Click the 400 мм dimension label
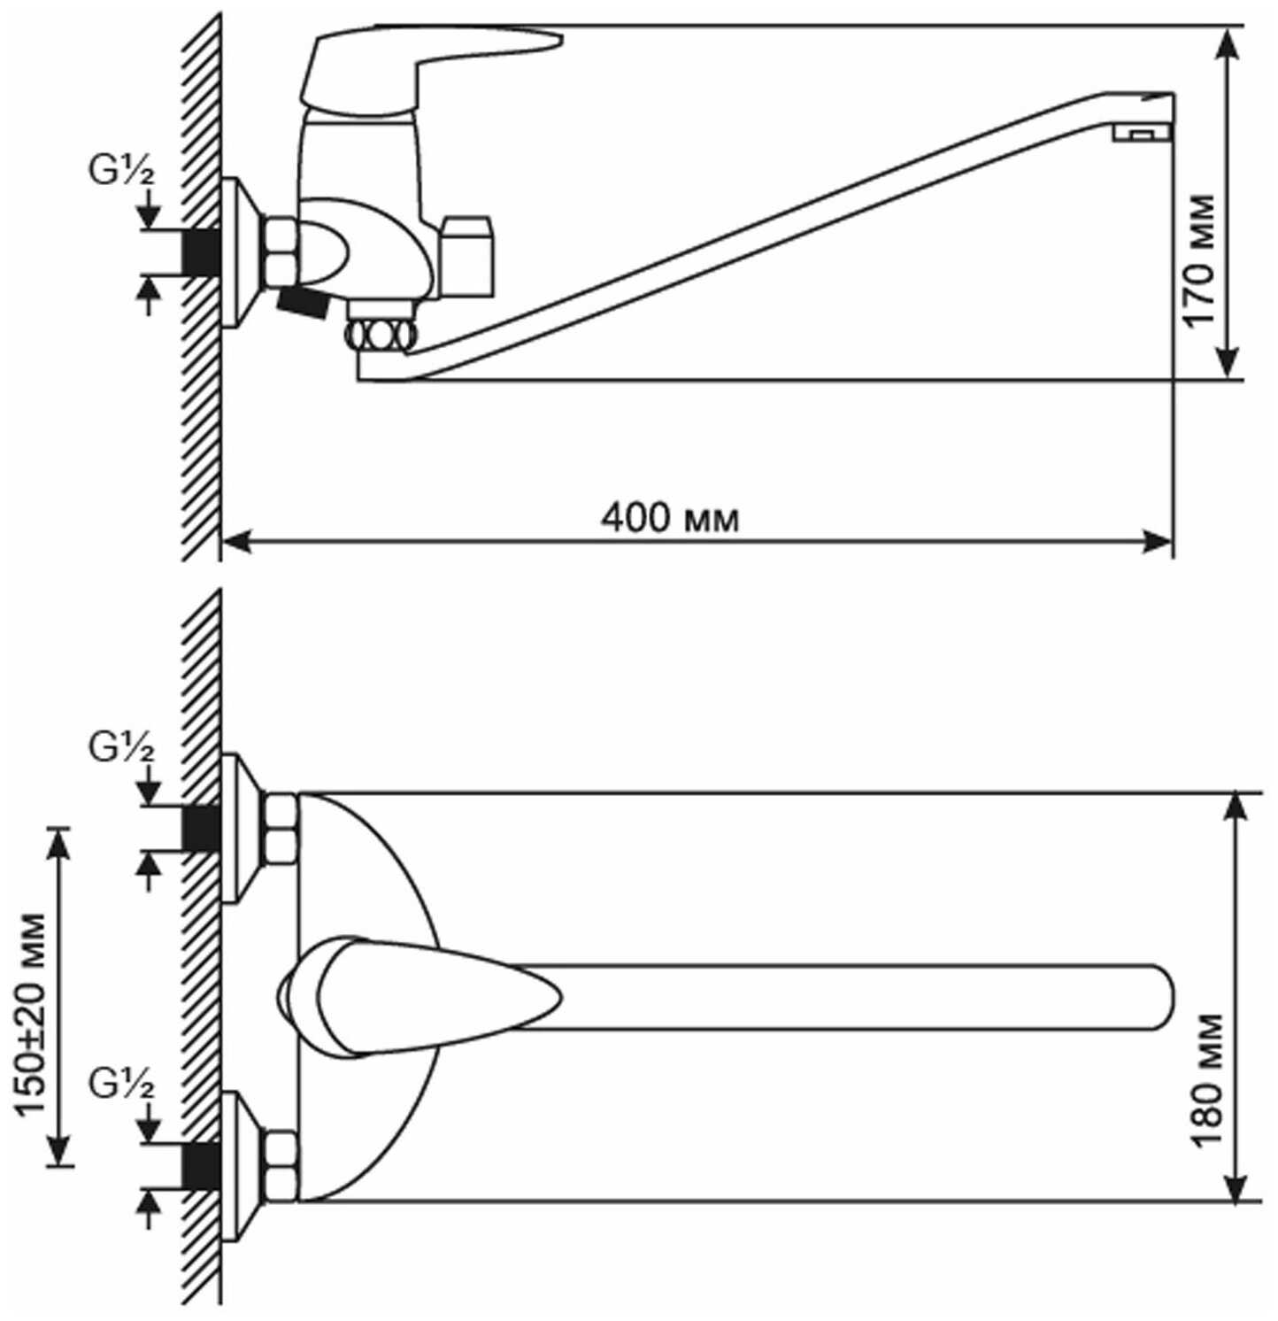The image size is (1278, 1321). (x=670, y=517)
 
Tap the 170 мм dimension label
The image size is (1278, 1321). (x=1201, y=260)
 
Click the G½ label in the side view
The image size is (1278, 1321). (x=120, y=170)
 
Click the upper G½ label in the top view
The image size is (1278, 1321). (x=120, y=748)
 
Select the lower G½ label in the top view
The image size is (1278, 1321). (x=120, y=1083)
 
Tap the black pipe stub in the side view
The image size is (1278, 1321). (x=201, y=252)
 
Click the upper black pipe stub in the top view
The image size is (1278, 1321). (x=201, y=829)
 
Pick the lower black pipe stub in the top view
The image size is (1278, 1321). (x=201, y=1165)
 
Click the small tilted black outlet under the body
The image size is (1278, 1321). (x=303, y=305)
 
